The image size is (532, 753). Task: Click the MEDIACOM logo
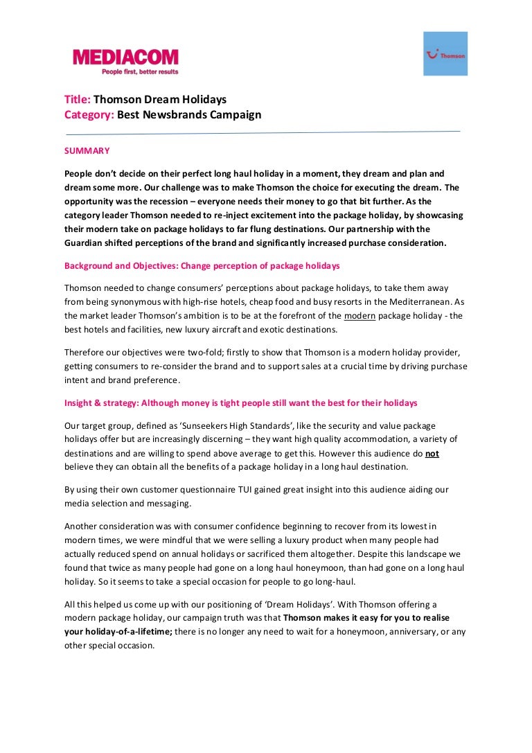[125, 57]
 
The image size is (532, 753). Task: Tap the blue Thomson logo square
[445, 54]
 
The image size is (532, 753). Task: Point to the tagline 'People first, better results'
[139, 71]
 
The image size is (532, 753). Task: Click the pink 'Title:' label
[78, 100]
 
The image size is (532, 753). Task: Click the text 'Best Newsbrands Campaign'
[189, 115]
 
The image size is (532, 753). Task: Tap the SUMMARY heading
[87, 150]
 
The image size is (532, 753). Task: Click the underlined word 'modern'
[360, 315]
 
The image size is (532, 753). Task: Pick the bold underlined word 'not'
[432, 454]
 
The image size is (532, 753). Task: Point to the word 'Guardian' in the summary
[86, 242]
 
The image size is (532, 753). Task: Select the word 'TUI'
[229, 490]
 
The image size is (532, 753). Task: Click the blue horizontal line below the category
[263, 132]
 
